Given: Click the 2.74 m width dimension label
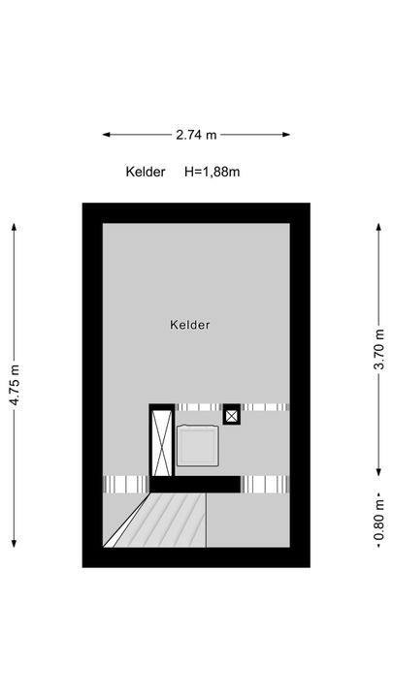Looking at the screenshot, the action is (196, 135).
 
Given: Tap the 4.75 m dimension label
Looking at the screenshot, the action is (15, 385).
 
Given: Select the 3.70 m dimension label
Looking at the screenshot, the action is (378, 349).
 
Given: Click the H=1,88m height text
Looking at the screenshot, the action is (213, 172).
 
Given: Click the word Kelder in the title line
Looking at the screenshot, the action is (146, 172).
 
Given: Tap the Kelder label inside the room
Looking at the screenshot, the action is (190, 325).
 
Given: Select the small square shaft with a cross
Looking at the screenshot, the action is (232, 415).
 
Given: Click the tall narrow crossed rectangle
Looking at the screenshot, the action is (161, 442).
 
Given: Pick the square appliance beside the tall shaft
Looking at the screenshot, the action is (198, 446).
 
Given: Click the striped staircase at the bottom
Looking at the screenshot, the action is (158, 520).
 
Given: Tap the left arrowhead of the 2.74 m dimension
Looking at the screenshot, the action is (106, 135).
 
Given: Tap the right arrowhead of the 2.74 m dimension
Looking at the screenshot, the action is (286, 135).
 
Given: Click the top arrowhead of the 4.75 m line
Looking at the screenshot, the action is (15, 227).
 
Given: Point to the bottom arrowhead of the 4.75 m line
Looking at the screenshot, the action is (15, 544).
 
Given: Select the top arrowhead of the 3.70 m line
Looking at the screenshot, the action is (378, 227).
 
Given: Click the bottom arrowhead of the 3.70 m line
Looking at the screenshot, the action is (378, 472).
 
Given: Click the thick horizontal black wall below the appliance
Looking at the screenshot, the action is (195, 485).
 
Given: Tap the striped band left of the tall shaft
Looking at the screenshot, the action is (125, 485).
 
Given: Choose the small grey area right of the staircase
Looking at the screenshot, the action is (247, 520).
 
